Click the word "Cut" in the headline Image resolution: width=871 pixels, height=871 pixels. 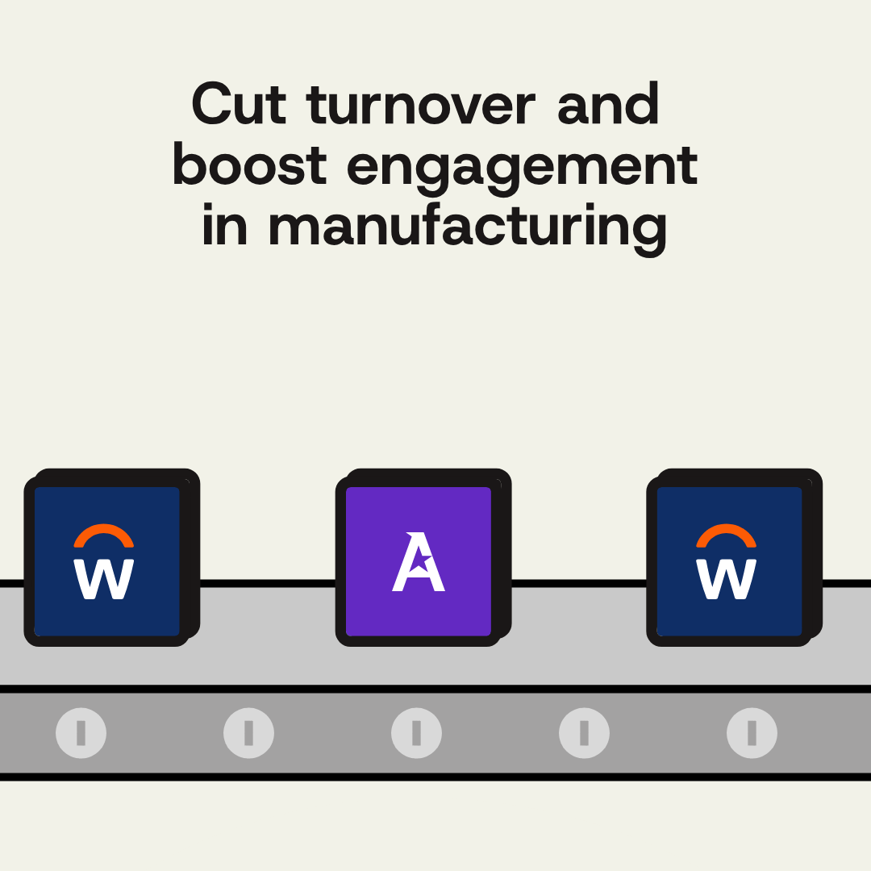(x=239, y=103)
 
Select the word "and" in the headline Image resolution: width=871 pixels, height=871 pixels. (x=608, y=103)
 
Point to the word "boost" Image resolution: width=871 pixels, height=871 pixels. (x=249, y=165)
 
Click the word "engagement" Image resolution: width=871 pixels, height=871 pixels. (x=522, y=169)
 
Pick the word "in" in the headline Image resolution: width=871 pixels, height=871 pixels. (x=224, y=224)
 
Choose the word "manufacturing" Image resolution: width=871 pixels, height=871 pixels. (x=468, y=228)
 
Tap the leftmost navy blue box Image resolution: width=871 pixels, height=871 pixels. (x=111, y=558)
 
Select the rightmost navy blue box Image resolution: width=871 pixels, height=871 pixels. (x=735, y=558)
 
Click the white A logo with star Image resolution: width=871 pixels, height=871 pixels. (x=419, y=561)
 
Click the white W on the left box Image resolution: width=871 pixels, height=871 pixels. (x=104, y=579)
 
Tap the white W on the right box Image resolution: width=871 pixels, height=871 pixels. (x=726, y=579)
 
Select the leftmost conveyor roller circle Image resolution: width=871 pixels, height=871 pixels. (x=81, y=733)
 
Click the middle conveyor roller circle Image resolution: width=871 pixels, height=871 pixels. (x=417, y=733)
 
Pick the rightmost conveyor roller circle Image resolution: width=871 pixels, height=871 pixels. (x=752, y=733)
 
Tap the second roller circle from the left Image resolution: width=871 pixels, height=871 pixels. (x=249, y=733)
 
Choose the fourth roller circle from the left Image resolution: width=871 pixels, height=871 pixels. (x=585, y=733)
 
